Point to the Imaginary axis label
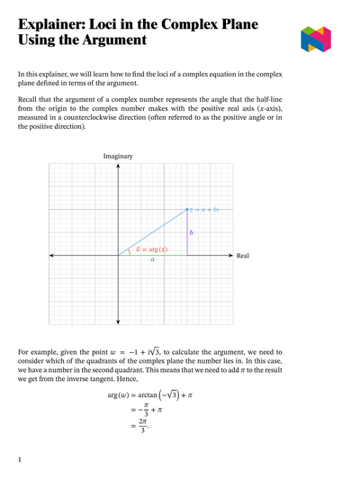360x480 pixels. point(118,156)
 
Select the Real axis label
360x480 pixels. point(242,256)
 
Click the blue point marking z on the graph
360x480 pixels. point(186,209)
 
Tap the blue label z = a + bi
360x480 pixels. point(204,209)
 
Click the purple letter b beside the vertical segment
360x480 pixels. point(192,232)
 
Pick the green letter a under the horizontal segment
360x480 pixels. point(152,260)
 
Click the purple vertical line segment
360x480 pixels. point(186,236)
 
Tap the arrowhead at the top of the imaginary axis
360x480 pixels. point(118,165)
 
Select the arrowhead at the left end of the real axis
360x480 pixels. point(51,256)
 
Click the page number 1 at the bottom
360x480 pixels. point(20,459)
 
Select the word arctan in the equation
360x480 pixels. point(147,394)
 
